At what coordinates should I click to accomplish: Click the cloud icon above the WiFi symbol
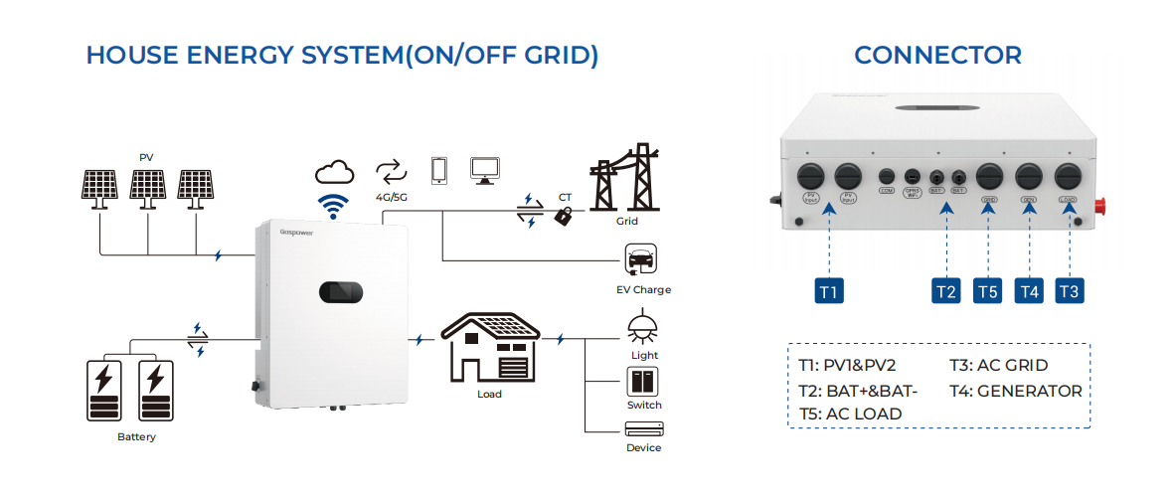coord(334,172)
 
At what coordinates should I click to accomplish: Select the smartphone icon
coord(438,170)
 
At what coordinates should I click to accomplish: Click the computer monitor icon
coord(486,170)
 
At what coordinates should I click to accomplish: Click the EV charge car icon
coord(636,260)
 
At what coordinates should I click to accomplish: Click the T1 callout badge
coord(829,290)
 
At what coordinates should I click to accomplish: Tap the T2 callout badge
coord(946,290)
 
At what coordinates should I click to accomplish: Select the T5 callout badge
coord(988,290)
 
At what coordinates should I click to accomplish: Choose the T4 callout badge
coord(1029,290)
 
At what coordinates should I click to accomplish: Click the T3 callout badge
coord(1069,290)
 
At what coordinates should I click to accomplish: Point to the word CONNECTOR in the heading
coord(937,55)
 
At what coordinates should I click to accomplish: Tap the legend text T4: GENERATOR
coord(1015,391)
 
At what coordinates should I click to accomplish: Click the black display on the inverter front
coord(341,293)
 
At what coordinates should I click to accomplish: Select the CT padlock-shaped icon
coord(564,214)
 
